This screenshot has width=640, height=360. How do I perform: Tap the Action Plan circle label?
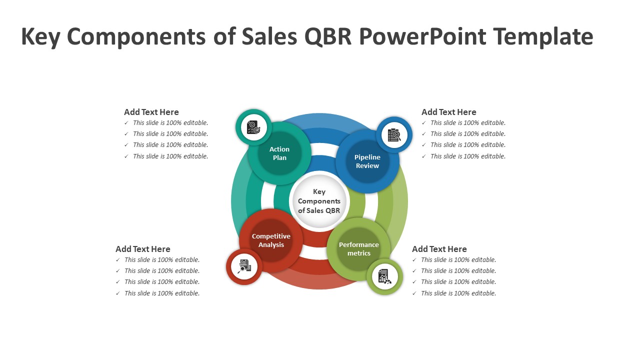[279, 153]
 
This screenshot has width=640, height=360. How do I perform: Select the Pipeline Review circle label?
[367, 161]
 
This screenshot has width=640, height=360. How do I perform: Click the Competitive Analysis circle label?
[271, 240]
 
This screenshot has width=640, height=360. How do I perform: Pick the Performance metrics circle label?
[359, 248]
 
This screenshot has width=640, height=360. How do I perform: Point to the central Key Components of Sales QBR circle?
[319, 201]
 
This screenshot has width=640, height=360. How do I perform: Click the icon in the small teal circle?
[253, 127]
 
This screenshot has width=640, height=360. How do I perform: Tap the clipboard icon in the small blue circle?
[394, 134]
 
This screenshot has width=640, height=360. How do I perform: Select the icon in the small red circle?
[244, 266]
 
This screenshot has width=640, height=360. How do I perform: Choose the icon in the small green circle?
[384, 276]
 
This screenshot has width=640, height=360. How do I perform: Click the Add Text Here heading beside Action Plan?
[151, 112]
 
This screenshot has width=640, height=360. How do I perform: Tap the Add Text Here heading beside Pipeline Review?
[449, 112]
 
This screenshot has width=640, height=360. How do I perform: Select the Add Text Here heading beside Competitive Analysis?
[143, 249]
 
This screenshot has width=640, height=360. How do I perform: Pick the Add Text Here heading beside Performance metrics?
[439, 249]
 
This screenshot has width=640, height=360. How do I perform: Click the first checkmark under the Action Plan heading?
[126, 123]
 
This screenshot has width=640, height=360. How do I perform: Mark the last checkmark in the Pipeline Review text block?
[423, 156]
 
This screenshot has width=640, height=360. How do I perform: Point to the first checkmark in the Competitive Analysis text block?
[117, 260]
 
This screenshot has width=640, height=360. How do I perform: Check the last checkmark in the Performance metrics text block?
[414, 293]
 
